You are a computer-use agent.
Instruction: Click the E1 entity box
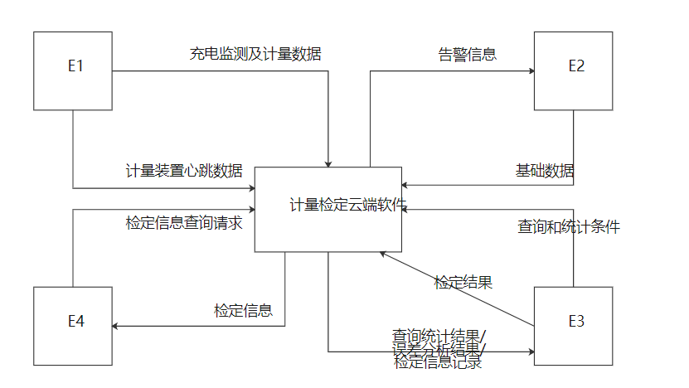click(x=73, y=70)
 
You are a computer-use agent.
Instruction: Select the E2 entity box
click(x=573, y=70)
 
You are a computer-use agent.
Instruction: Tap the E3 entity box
click(x=573, y=326)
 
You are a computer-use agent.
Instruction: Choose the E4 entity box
click(x=73, y=326)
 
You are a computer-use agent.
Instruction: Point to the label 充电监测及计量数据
click(x=255, y=55)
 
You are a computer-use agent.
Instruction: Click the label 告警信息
click(x=467, y=55)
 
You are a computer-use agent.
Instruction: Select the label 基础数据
click(x=545, y=171)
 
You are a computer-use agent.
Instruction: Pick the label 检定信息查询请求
click(x=184, y=222)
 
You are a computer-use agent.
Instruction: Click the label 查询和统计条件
click(x=569, y=226)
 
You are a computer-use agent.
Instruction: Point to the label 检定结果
click(x=463, y=282)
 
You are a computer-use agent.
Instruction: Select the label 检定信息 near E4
click(x=243, y=311)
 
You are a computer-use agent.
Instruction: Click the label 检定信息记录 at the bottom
click(x=438, y=362)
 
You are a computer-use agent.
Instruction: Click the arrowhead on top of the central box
click(x=329, y=162)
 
